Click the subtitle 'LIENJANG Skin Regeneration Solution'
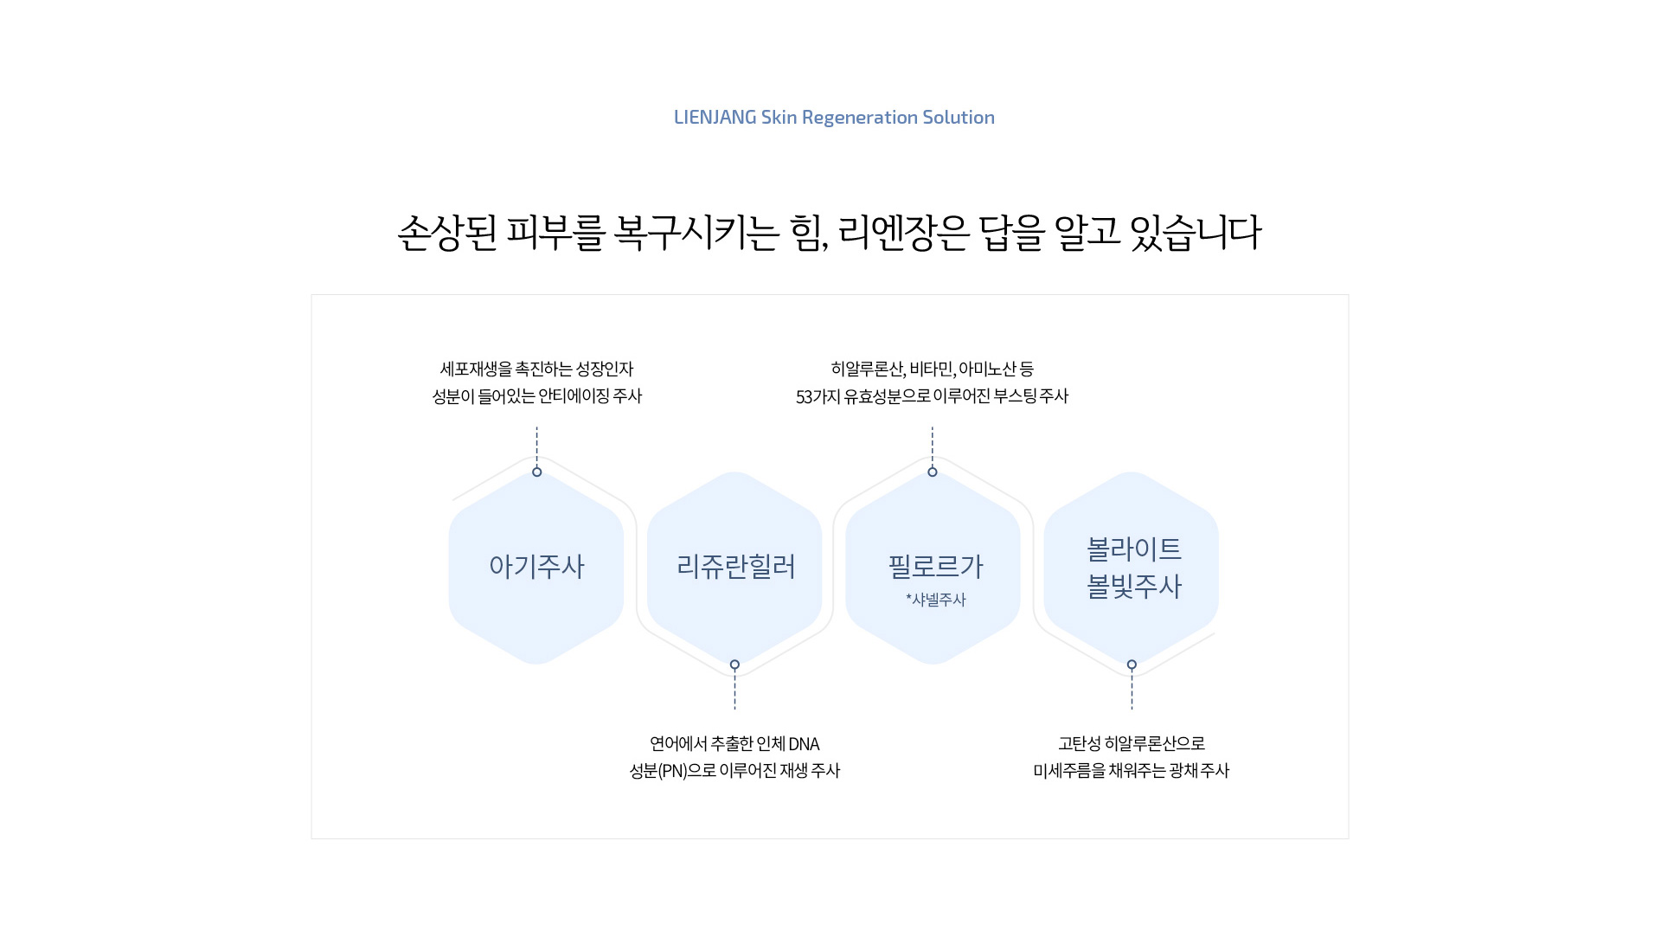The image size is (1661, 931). [834, 117]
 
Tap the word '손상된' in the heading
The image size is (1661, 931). [447, 233]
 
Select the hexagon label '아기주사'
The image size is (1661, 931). [536, 566]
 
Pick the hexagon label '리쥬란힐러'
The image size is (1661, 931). [735, 566]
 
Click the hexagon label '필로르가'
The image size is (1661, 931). [936, 566]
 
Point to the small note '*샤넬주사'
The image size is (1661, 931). [936, 599]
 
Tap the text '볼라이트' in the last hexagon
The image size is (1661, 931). [1133, 548]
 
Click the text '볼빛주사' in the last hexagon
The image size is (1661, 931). [1133, 586]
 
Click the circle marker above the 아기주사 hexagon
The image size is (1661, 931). [537, 472]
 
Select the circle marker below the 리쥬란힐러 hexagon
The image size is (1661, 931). [734, 665]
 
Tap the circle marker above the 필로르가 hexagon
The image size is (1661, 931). [933, 472]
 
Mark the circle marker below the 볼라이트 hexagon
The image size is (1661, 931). [1132, 665]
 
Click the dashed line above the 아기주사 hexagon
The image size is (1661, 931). [536, 446]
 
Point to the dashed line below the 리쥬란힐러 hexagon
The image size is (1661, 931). [734, 690]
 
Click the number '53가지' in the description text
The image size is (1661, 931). [818, 396]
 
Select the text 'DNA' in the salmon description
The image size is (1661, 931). [804, 744]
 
